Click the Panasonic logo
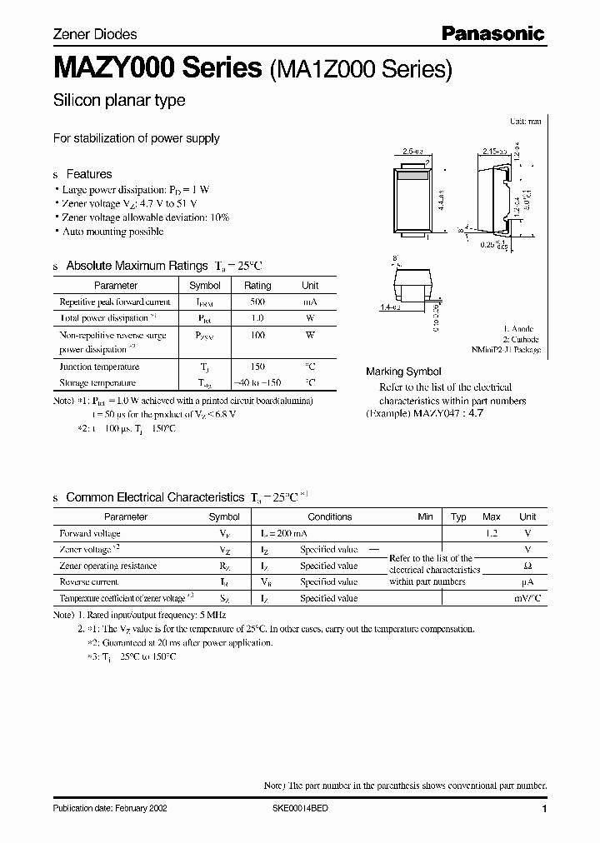tap(492, 33)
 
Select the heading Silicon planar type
tap(119, 101)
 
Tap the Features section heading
tap(88, 174)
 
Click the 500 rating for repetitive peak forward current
tap(257, 302)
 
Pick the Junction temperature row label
tap(99, 367)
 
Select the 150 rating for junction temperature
tap(257, 367)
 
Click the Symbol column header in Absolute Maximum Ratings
tap(205, 286)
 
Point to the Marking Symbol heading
tap(403, 372)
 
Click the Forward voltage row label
tap(90, 533)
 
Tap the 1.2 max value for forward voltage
tap(491, 533)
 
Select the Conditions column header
tap(330, 516)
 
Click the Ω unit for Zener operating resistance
tap(527, 566)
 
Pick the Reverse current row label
tap(89, 582)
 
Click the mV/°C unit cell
tap(527, 598)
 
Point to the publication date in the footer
tap(109, 809)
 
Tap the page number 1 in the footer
tap(543, 809)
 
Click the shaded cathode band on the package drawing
tap(412, 176)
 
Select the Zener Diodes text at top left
tap(95, 34)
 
